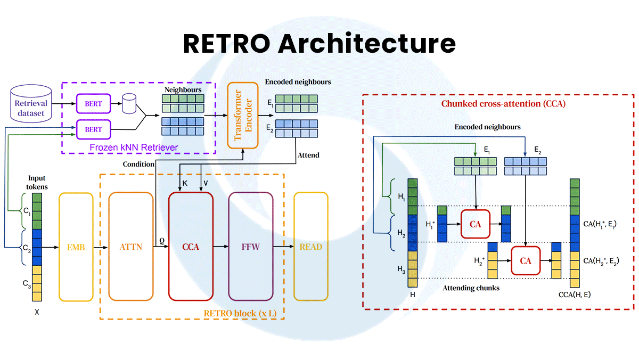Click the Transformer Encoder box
242,116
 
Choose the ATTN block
130,247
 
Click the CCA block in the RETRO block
191,247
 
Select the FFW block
251,247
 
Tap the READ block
311,247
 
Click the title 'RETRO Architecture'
319,43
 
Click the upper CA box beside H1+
476,224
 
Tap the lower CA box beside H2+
526,261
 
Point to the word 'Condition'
139,163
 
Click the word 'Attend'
308,155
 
